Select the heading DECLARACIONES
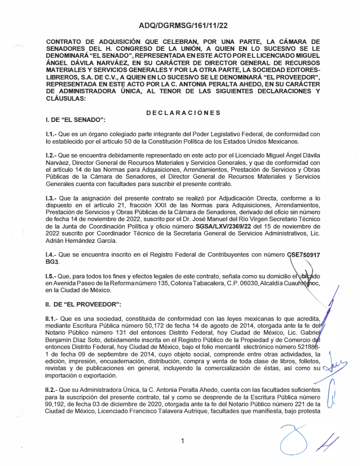[183, 113]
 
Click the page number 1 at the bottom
[182, 441]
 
